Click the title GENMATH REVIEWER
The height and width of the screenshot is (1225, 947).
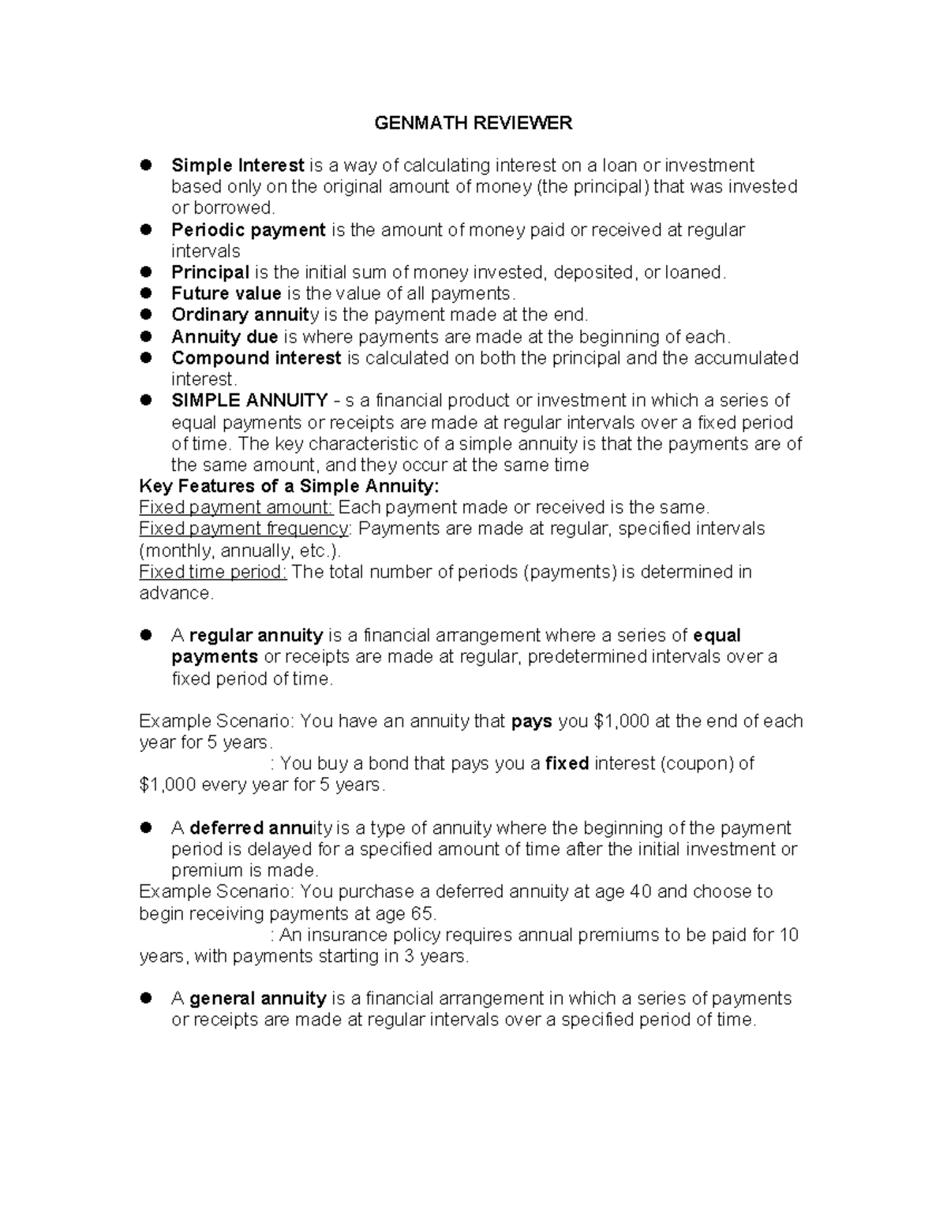click(x=473, y=123)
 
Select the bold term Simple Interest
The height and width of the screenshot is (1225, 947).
click(x=238, y=166)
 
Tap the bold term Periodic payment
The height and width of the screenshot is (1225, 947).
click(x=249, y=230)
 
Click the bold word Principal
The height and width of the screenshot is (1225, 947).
click(x=210, y=272)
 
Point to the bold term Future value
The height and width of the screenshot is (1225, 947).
click(x=226, y=293)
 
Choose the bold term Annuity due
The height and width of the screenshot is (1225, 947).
click(x=225, y=337)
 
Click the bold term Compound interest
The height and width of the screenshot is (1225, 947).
click(x=256, y=358)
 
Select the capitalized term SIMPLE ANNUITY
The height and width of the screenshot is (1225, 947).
click(x=249, y=401)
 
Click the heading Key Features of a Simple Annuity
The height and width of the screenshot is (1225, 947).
click(x=289, y=486)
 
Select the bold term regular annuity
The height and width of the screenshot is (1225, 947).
click(x=256, y=636)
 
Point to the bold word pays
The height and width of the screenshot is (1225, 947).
click(x=532, y=721)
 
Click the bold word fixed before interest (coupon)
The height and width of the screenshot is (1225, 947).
click(x=567, y=764)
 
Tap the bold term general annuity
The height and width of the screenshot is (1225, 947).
click(x=258, y=999)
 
